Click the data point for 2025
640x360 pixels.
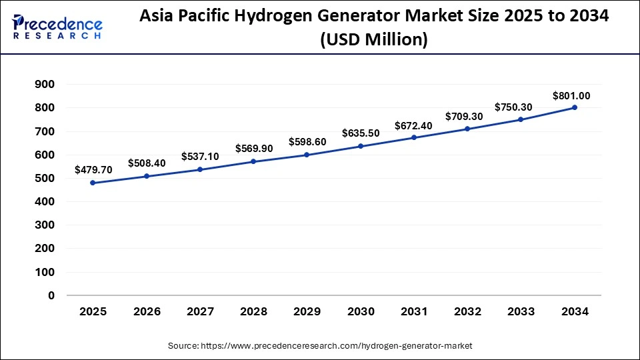tap(93, 183)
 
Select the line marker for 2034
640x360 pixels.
tap(575, 107)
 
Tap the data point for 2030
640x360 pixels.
tap(361, 146)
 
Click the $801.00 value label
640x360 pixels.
tap(571, 96)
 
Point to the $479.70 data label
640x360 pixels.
tap(93, 170)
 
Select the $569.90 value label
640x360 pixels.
tap(254, 149)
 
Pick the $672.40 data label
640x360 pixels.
tap(413, 125)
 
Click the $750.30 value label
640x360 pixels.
tap(513, 107)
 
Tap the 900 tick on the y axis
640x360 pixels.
tap(45, 85)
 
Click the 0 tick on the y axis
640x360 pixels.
tap(51, 295)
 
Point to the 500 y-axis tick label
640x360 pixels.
tap(45, 178)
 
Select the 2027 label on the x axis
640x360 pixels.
tap(200, 312)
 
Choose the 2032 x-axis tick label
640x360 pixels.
tap(467, 312)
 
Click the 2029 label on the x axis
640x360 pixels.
tap(307, 312)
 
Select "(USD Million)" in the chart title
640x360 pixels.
tap(373, 39)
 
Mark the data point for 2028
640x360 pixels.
tap(253, 161)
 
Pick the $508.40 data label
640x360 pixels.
tap(147, 163)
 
